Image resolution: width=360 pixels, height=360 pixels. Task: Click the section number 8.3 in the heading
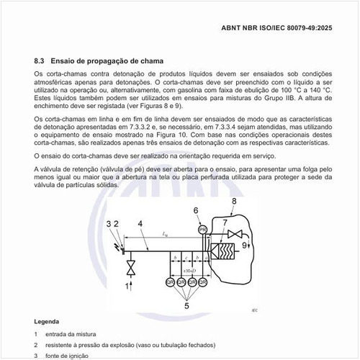click(x=40, y=61)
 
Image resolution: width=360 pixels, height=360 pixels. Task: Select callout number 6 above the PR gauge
click(x=196, y=211)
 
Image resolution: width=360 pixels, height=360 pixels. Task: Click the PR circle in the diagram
click(x=202, y=228)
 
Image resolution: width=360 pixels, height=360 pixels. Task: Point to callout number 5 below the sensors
click(x=186, y=305)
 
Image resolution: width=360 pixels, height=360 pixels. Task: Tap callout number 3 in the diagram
click(x=109, y=224)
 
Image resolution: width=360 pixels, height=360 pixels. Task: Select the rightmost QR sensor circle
click(x=203, y=282)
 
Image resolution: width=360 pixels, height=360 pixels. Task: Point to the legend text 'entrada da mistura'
click(x=70, y=333)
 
